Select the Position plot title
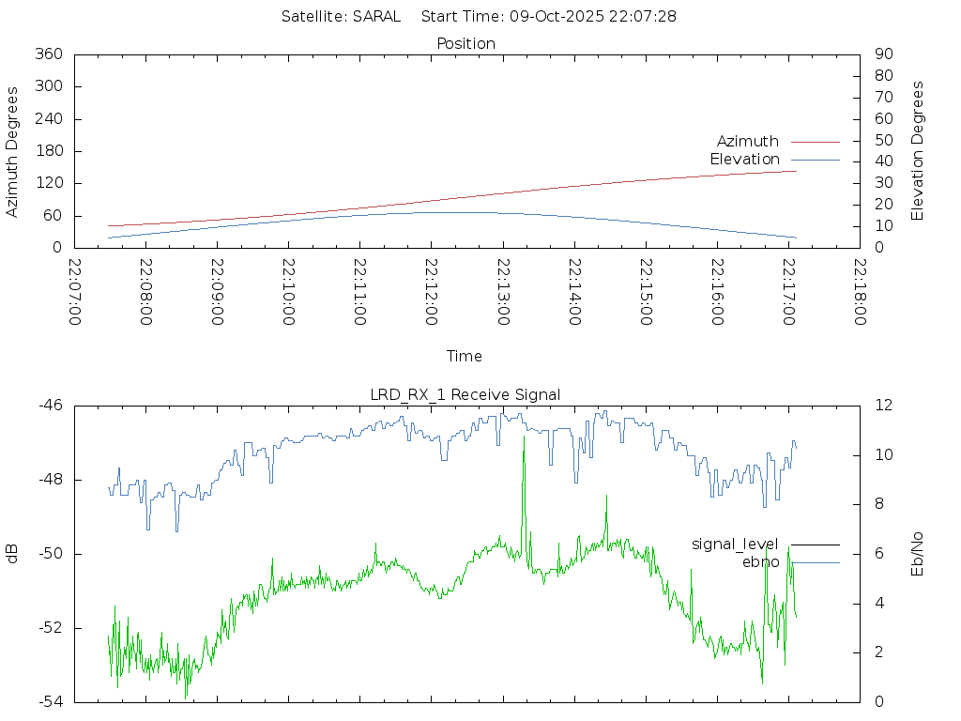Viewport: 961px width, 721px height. (465, 43)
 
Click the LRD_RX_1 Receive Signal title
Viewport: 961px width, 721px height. (465, 394)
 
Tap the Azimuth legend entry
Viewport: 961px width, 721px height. (748, 141)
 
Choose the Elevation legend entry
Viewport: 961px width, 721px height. (744, 159)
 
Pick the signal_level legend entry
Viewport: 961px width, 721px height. (735, 544)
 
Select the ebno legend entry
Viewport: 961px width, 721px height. (760, 561)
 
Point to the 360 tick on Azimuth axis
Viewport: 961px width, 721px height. (49, 54)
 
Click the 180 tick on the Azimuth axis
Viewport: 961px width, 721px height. (49, 151)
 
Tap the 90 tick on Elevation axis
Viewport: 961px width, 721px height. (882, 54)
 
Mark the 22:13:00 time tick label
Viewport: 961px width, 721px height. (504, 292)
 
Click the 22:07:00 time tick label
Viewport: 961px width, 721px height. (76, 292)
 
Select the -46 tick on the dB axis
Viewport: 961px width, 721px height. (50, 406)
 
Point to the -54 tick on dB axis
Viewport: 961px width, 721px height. (50, 701)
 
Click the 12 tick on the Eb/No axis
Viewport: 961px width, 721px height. (883, 406)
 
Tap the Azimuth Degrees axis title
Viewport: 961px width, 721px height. (13, 151)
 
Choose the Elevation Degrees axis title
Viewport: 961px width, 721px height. (918, 151)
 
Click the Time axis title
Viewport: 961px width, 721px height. (465, 356)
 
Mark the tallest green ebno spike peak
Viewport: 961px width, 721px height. (524, 437)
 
